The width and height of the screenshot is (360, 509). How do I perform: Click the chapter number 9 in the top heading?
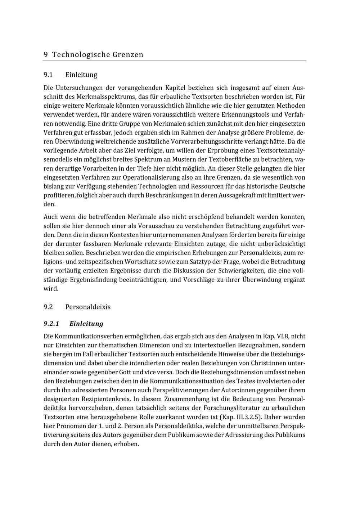click(x=46, y=55)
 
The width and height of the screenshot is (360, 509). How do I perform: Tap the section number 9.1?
click(x=48, y=75)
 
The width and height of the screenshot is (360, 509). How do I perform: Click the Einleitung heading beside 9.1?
click(x=81, y=75)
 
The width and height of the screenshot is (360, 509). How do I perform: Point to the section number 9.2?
click(x=48, y=307)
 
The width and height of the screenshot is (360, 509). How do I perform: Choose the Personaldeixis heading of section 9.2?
click(x=88, y=307)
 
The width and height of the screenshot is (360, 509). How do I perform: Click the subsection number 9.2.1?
click(x=51, y=324)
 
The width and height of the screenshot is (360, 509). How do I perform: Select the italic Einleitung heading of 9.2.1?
click(x=86, y=324)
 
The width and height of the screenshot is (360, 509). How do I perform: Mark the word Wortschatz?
click(x=140, y=262)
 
